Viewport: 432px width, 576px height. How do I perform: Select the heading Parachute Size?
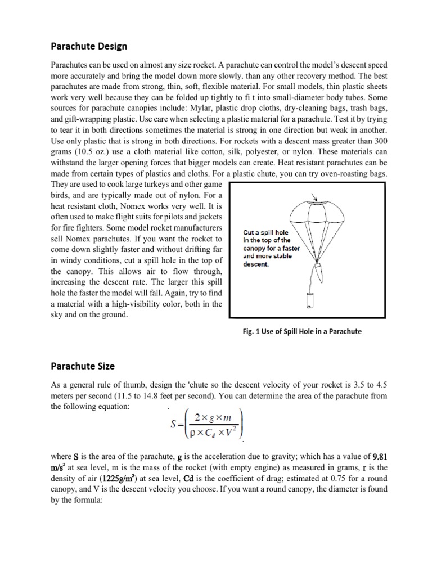[83, 366]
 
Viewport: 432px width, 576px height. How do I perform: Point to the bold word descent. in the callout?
[256, 264]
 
